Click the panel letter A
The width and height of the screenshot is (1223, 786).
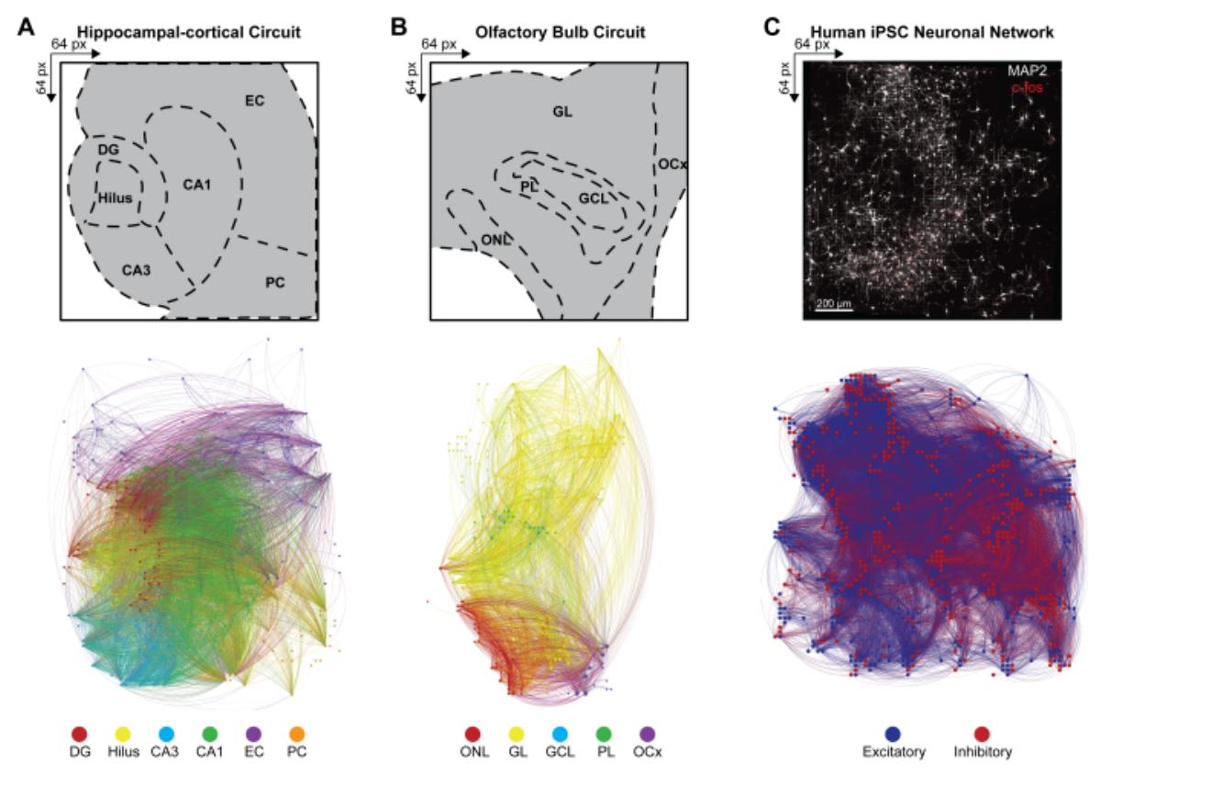point(28,28)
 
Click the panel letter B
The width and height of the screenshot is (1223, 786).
point(399,28)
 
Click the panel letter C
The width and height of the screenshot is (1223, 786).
point(773,28)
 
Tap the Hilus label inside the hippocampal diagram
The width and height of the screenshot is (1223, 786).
point(115,196)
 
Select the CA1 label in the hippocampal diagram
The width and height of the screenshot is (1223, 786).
point(196,185)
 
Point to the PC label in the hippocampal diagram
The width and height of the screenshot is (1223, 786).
point(274,282)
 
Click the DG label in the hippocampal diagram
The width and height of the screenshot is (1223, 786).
point(107,148)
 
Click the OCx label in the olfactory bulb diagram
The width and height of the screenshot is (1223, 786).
point(673,164)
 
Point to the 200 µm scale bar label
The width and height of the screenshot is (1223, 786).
point(833,302)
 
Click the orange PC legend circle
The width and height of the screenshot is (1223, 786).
point(295,734)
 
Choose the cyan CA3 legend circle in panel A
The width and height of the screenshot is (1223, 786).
point(165,734)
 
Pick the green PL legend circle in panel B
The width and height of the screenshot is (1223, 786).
point(604,734)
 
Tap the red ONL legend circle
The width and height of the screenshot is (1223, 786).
point(473,734)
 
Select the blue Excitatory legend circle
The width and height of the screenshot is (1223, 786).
point(894,734)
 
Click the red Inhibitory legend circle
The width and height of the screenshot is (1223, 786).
point(981,734)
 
